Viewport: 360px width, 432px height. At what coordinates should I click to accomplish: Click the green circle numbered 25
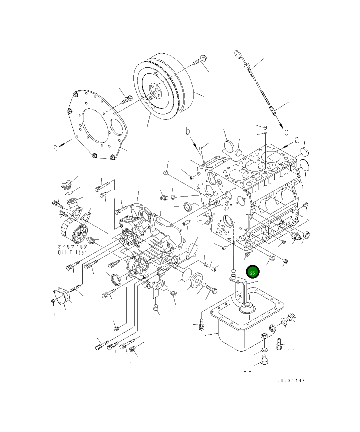point(253,272)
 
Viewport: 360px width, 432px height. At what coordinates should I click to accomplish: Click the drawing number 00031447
point(291,380)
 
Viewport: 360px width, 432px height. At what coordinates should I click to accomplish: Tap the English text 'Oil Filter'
point(72,252)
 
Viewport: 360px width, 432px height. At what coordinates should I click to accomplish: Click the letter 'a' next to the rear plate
point(55,147)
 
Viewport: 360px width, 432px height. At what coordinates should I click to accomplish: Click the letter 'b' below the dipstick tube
point(286,132)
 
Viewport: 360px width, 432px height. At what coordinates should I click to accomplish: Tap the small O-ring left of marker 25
point(234,270)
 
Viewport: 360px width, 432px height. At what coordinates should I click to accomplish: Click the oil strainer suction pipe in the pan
point(241,291)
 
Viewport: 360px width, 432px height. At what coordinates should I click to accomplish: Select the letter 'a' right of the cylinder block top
point(297,140)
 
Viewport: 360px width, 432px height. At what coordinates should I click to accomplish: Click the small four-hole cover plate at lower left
point(62,296)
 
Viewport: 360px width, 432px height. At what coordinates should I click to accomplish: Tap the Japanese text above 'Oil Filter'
point(72,247)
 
